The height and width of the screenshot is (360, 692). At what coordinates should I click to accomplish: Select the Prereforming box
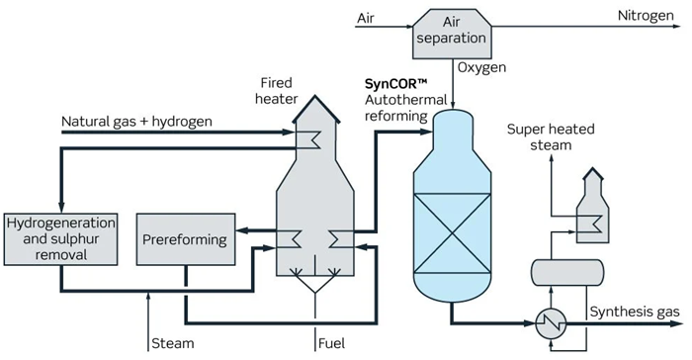[x=185, y=239]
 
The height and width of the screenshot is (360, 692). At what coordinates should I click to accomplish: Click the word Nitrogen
[x=647, y=16]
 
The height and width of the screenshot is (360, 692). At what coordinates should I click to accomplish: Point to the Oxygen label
[x=482, y=68]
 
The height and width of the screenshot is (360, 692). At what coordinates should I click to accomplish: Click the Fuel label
[x=332, y=344]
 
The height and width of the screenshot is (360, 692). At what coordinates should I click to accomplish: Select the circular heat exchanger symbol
[x=547, y=322]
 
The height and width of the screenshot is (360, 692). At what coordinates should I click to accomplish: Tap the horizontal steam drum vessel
[x=561, y=271]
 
